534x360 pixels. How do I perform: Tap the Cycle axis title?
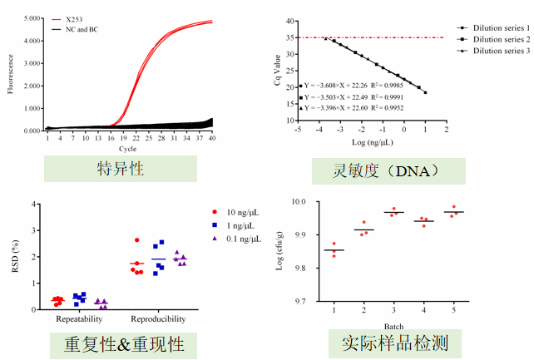pos(129,148)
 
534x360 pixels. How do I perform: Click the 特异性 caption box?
pos(121,169)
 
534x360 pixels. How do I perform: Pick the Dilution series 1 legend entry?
pos(498,27)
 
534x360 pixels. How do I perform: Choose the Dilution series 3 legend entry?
pos(498,51)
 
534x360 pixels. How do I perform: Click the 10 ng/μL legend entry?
pos(243,212)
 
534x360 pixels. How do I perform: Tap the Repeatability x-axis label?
pos(80,319)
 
